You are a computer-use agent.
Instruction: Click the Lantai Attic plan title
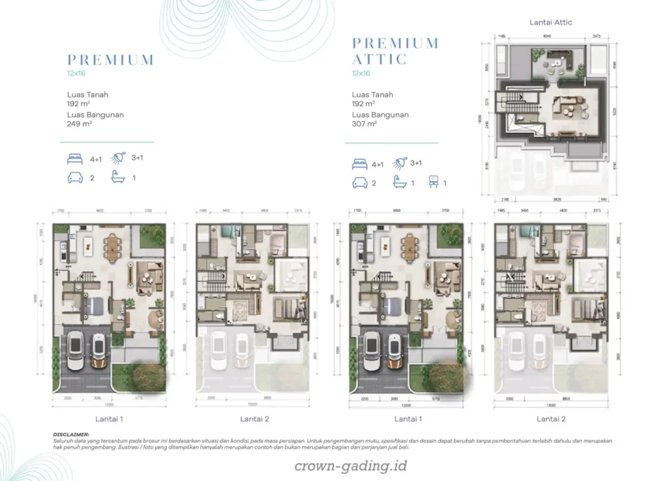(x=551, y=22)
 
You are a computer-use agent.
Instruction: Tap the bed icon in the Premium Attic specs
(x=360, y=164)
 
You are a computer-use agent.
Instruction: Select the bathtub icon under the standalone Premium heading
(x=118, y=178)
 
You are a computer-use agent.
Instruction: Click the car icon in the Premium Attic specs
(x=360, y=183)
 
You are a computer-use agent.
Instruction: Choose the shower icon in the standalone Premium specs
(x=118, y=158)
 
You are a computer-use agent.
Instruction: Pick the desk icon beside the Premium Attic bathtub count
(x=434, y=183)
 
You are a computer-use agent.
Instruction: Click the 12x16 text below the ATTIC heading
(x=360, y=73)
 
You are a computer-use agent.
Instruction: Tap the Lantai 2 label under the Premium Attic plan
(x=551, y=419)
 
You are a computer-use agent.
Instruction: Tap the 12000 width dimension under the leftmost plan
(x=109, y=404)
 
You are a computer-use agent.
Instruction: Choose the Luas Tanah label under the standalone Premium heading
(x=88, y=95)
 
